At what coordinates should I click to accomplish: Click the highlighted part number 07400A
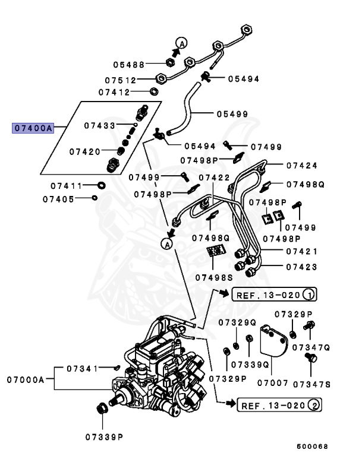[33, 127]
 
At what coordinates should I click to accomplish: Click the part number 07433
[99, 125]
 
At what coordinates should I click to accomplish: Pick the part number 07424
[302, 166]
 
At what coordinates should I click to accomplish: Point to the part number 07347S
[311, 384]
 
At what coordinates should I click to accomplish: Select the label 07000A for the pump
[26, 379]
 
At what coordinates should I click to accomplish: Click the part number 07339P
[103, 436]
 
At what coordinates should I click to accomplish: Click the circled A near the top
[182, 42]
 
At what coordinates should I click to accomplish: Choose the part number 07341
[82, 369]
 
